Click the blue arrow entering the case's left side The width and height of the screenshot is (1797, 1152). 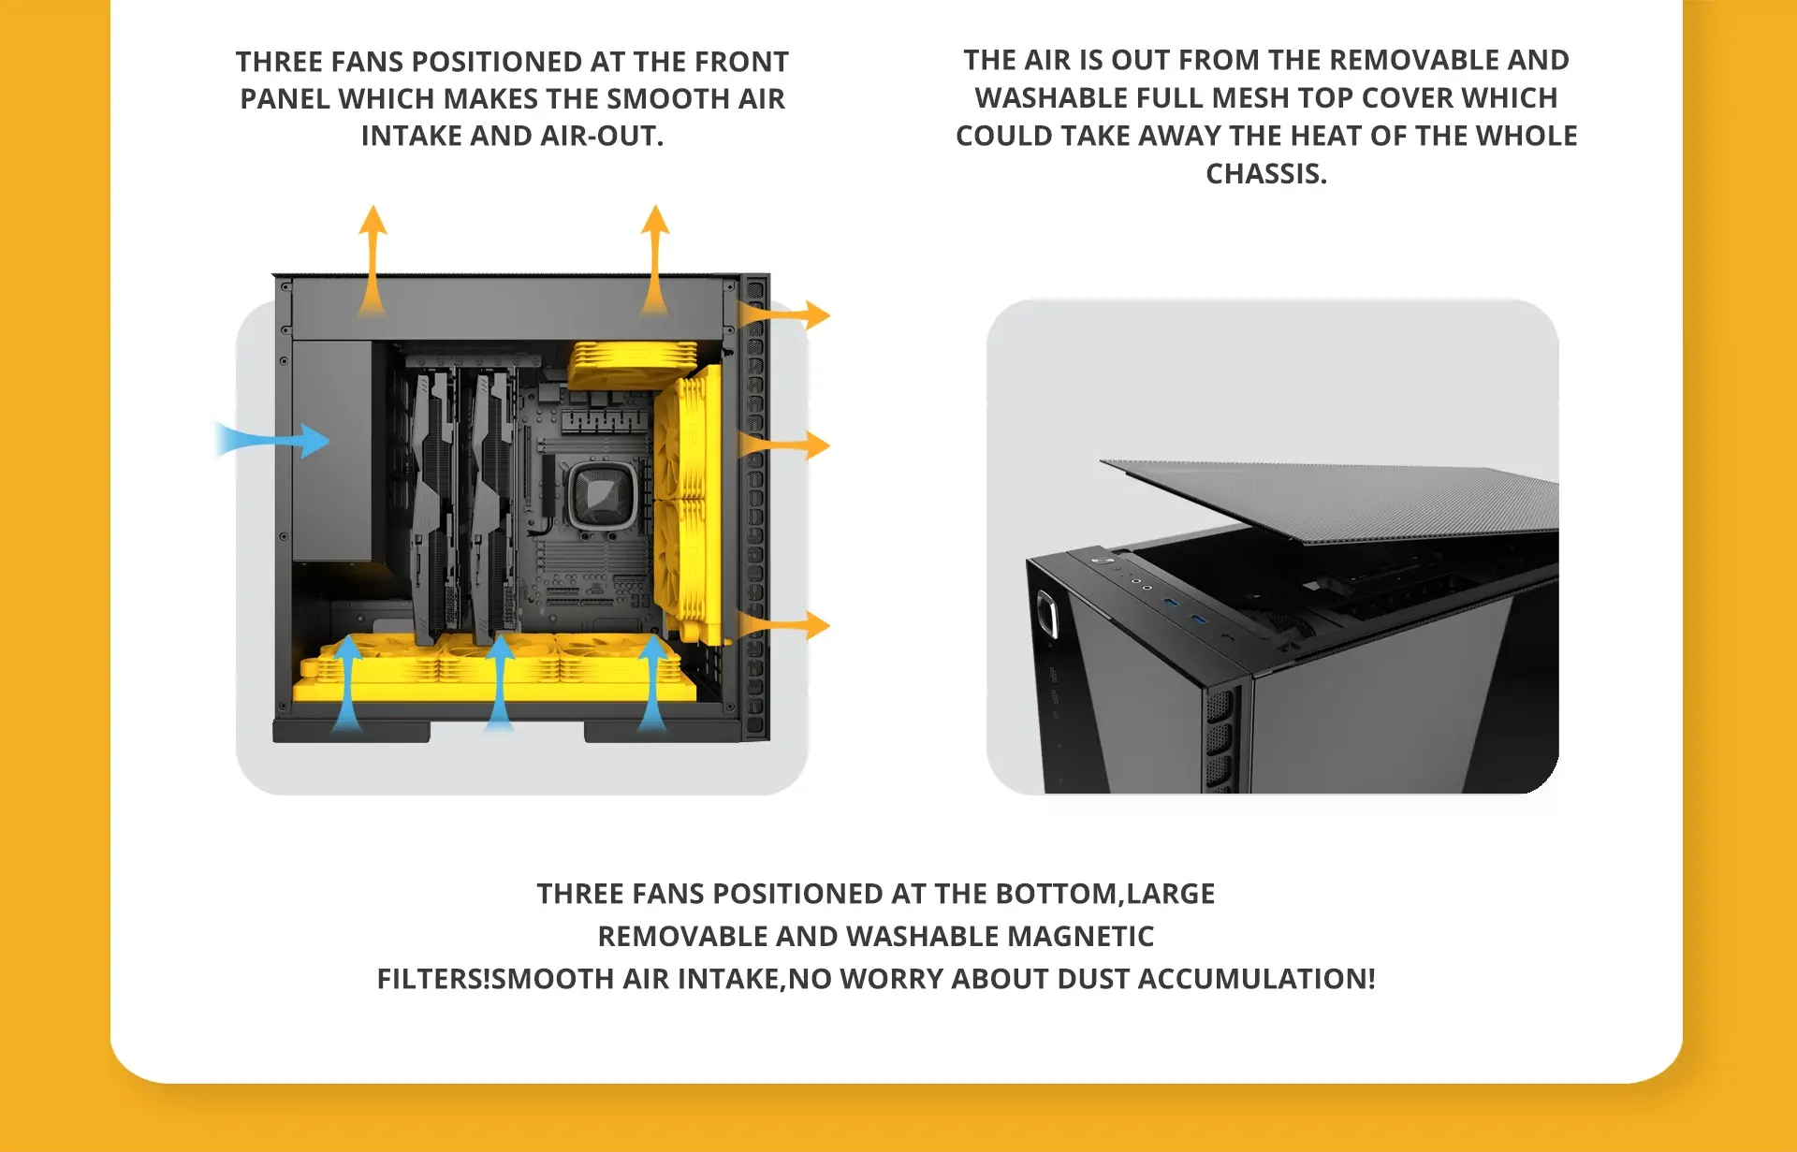click(272, 440)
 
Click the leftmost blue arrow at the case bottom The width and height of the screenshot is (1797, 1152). click(347, 683)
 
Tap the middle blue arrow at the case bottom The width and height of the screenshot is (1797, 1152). click(500, 683)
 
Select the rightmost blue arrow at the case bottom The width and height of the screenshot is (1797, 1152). click(652, 683)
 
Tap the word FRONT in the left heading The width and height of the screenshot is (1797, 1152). click(745, 62)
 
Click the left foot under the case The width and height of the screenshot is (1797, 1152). click(351, 731)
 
